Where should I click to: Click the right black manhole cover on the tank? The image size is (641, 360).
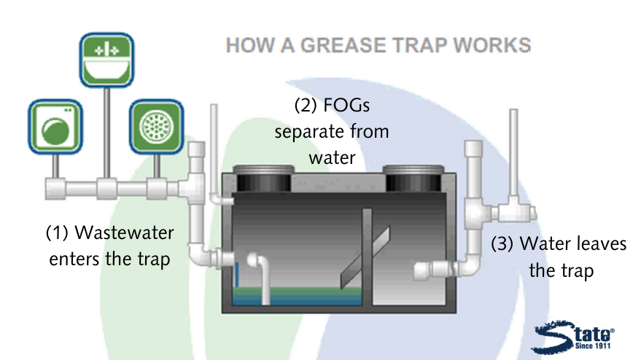pyautogui.click(x=413, y=178)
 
